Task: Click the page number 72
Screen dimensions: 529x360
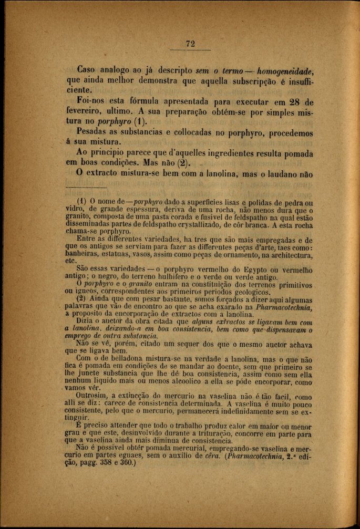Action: (190, 44)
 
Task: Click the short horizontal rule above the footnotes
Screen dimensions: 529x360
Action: (86, 188)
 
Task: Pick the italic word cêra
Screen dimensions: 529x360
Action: (219, 457)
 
